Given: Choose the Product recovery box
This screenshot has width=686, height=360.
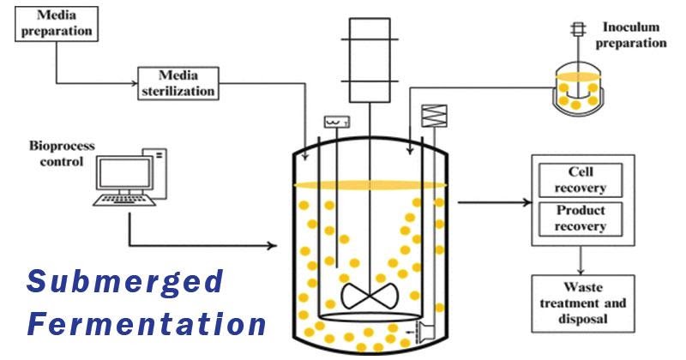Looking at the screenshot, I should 582,218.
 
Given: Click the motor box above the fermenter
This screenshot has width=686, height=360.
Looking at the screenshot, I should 370,61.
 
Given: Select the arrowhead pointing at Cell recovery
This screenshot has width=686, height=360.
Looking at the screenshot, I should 527,203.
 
